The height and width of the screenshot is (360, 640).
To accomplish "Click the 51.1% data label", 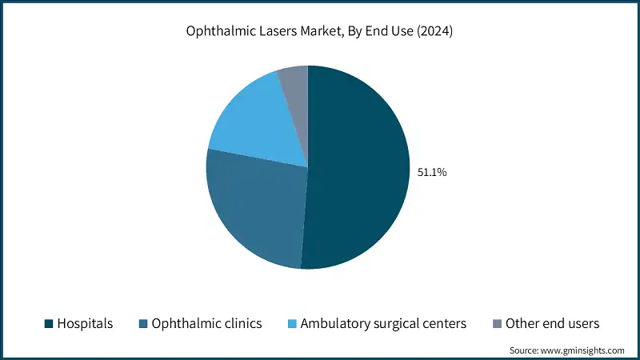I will click(432, 171).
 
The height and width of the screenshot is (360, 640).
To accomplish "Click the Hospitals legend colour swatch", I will click(48, 323).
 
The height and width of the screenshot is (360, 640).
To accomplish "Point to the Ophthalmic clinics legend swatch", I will click(144, 323).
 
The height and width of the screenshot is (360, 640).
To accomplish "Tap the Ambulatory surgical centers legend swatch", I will click(291, 323).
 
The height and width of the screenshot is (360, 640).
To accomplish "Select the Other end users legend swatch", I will click(497, 323).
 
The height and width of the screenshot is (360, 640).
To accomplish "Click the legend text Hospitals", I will click(85, 323).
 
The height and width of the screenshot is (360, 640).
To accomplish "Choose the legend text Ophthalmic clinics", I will click(207, 323).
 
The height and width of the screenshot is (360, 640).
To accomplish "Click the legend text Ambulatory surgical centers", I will click(384, 323).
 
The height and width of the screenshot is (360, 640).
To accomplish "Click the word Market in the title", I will click(318, 31).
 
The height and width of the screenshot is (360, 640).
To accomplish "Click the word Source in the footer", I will click(526, 350).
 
